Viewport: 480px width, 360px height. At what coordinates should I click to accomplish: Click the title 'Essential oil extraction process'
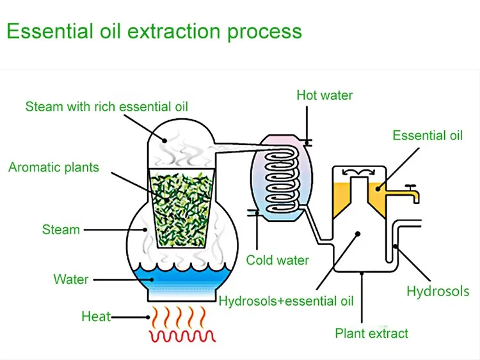154,31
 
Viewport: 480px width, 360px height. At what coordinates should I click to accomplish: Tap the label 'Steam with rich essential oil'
107,106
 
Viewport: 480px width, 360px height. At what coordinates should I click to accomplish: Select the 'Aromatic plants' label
54,168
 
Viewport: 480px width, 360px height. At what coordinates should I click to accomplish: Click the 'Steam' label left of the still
61,230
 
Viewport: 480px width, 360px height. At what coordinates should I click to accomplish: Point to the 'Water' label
71,279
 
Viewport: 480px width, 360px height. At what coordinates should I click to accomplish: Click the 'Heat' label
96,317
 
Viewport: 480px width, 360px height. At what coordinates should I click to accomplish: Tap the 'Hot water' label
324,95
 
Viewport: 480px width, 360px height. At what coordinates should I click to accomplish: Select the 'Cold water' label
277,260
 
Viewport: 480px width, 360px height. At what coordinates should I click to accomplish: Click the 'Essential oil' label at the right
428,135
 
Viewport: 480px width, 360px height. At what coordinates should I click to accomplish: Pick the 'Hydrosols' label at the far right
438,292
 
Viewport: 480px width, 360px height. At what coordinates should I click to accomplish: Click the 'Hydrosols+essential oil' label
286,301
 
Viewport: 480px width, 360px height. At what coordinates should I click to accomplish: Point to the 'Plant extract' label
372,333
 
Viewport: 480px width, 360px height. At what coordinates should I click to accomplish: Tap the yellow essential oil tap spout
412,192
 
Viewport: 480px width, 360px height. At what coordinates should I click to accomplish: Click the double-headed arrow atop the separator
358,171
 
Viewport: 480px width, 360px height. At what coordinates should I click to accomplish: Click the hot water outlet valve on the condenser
307,143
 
